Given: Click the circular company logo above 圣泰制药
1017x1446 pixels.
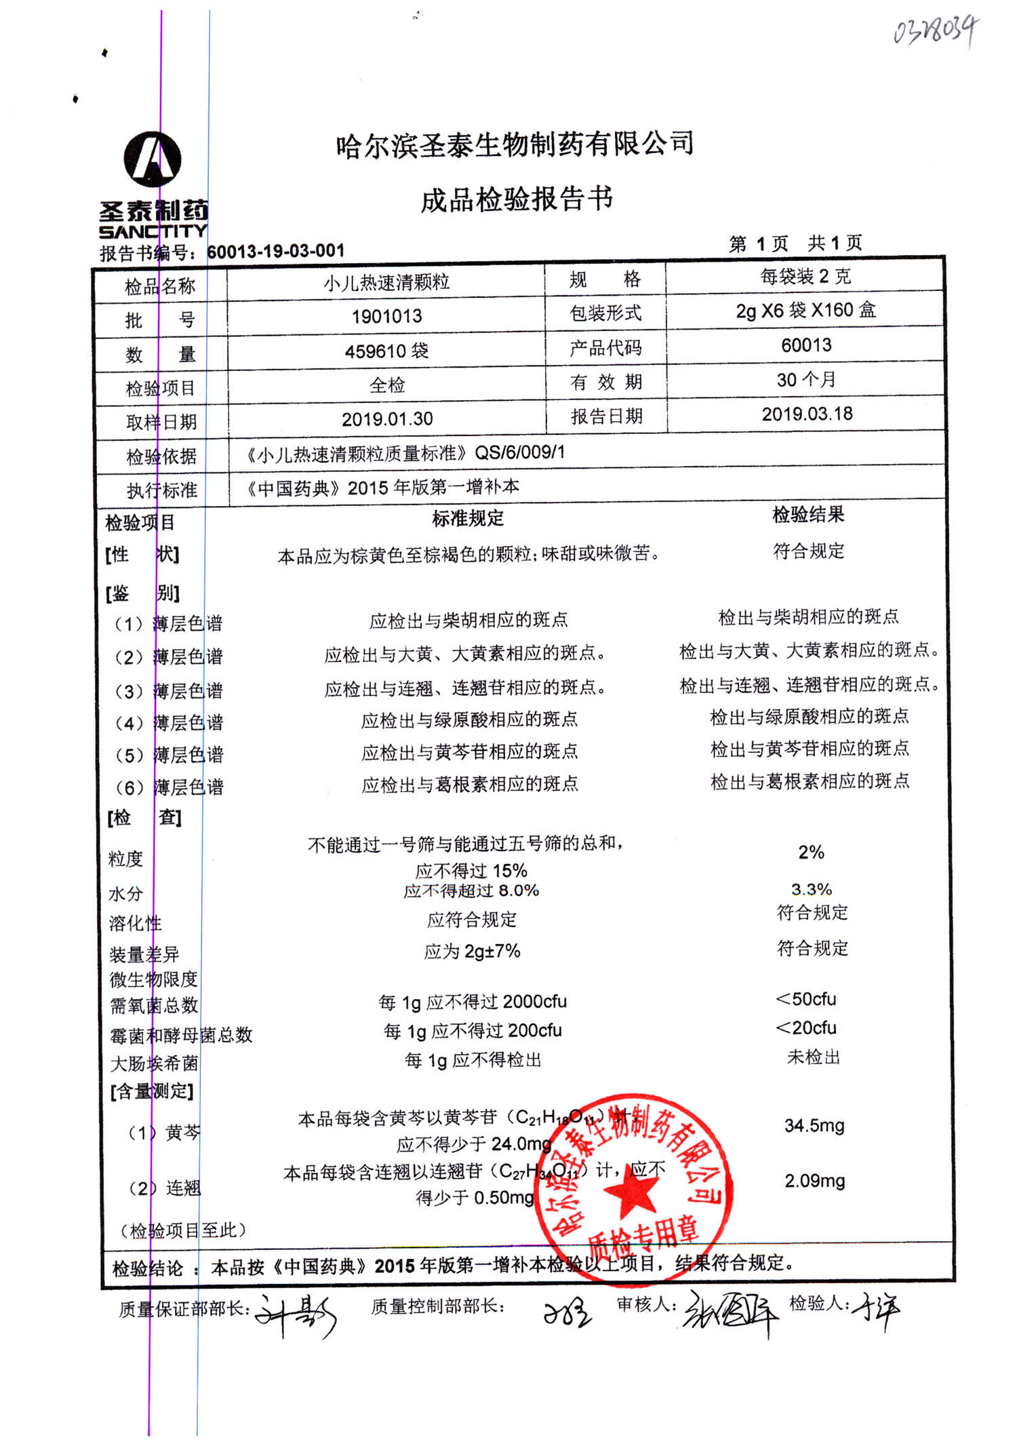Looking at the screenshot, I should (x=153, y=159).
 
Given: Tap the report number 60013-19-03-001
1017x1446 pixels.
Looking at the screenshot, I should (x=276, y=251).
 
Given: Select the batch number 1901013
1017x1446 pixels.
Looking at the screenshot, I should (x=386, y=316).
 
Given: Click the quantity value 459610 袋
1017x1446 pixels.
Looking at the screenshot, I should (x=386, y=351).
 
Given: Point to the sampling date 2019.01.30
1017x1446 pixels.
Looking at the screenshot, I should (x=387, y=419).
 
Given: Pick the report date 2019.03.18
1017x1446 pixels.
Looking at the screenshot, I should (x=807, y=414).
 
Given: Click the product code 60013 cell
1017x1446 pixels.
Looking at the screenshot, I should (x=806, y=345).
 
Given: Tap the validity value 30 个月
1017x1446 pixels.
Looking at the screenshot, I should (x=806, y=380).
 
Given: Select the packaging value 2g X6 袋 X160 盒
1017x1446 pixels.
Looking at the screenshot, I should (x=806, y=311).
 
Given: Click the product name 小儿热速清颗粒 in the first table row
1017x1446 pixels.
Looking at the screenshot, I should (x=386, y=282).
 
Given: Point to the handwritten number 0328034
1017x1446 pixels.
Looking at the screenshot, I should (x=936, y=31).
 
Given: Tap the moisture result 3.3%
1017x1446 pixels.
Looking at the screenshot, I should (x=812, y=889).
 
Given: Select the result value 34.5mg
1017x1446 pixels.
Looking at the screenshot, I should (x=814, y=1126).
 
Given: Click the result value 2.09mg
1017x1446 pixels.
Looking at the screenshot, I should (x=815, y=1181).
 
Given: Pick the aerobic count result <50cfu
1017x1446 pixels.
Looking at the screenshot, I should (x=806, y=999).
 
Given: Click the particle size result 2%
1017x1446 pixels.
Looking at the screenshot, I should (x=811, y=853).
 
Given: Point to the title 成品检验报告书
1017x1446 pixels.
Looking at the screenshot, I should (x=517, y=199).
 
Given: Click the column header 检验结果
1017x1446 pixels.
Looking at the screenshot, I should (x=808, y=515).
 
